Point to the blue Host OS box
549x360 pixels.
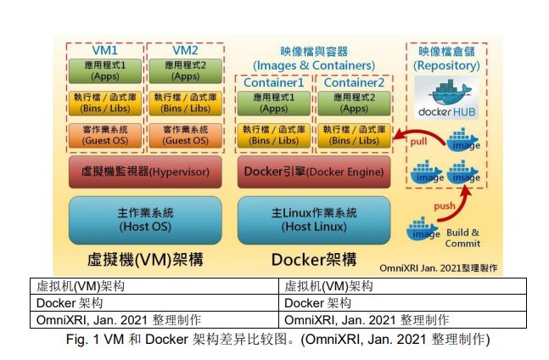(x=144, y=220)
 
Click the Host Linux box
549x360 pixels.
(x=314, y=220)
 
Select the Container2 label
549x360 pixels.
(x=354, y=83)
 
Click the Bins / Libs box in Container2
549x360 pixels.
(x=354, y=135)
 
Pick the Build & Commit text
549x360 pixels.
(x=462, y=238)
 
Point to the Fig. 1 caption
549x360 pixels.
(x=275, y=339)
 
